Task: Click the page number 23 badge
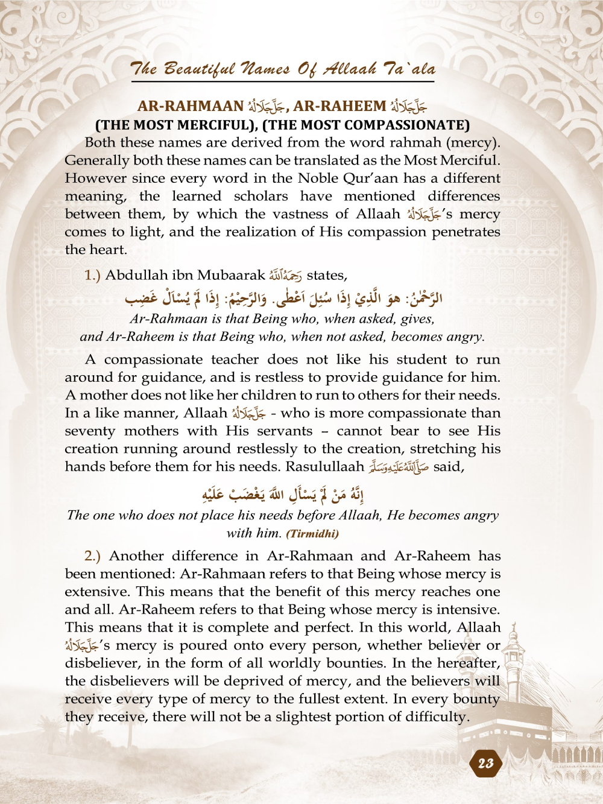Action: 485,764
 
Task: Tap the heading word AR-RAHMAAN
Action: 191,106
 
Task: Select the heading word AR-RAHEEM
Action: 339,106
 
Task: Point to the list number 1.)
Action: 92,276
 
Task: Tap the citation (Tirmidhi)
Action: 312,534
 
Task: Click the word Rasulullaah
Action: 325,467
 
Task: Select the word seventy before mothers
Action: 90,431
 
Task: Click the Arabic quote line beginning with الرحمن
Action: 283,297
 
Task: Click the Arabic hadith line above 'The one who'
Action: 283,495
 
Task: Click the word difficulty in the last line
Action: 438,717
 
